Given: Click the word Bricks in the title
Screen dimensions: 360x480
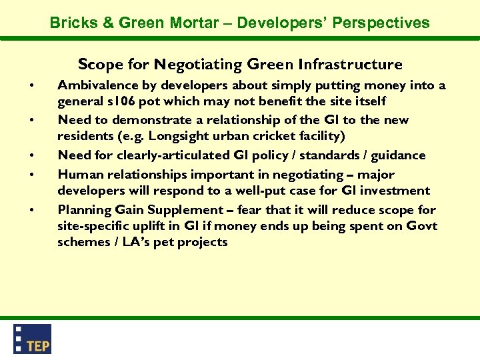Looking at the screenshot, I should click(73, 23).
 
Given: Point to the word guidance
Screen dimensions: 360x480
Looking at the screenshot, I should click(399, 155).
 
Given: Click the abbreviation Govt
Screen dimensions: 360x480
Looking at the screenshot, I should click(422, 226).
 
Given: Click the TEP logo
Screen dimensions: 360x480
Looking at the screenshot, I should click(33, 339).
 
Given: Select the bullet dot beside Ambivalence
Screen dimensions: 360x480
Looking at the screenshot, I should click(31, 85).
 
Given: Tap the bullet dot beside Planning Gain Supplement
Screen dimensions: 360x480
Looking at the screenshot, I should click(31, 210).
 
